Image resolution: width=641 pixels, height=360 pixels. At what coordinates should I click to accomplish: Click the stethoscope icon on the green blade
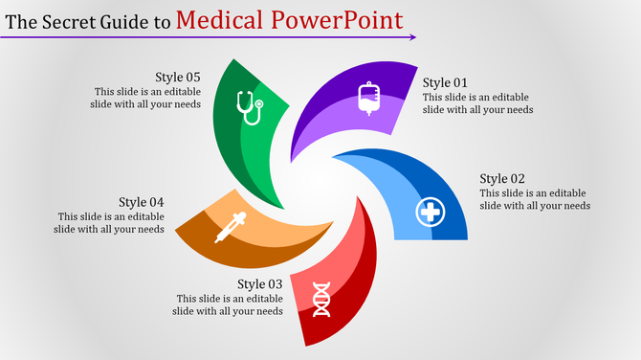tap(250, 107)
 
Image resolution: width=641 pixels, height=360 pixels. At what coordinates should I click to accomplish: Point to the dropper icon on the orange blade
tap(230, 228)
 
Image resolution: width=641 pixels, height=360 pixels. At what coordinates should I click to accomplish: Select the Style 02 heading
tap(502, 178)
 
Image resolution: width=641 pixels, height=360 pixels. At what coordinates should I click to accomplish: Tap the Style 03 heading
tap(260, 283)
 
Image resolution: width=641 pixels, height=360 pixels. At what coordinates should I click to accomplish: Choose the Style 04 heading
tap(142, 202)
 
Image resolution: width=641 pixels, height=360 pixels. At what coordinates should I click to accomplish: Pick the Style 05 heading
tap(178, 77)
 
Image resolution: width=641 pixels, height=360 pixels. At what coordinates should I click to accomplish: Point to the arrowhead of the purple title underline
tap(412, 37)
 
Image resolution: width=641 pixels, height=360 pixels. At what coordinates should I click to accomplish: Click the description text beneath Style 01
tap(477, 103)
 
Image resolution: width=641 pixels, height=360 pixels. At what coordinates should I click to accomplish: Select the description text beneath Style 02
tap(534, 199)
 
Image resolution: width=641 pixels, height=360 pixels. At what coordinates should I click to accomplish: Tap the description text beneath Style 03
tap(228, 304)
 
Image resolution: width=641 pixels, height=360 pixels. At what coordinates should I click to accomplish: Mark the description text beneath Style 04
tap(110, 223)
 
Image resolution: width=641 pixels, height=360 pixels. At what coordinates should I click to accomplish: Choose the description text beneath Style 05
tap(146, 98)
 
